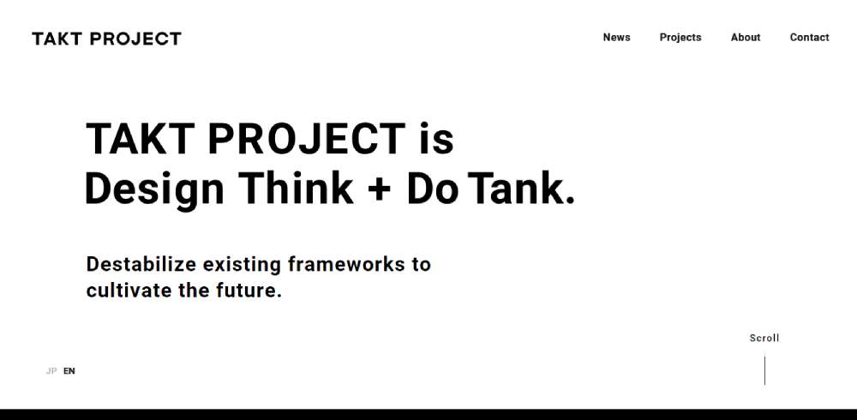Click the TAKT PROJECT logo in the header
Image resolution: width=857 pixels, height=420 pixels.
click(x=106, y=39)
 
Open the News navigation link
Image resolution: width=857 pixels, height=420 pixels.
click(x=616, y=37)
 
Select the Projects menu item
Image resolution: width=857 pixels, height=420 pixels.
click(x=680, y=38)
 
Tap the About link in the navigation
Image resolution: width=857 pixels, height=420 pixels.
click(x=746, y=37)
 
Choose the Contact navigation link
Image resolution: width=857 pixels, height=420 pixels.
click(x=810, y=37)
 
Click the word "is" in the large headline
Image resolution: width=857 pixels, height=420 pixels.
click(x=437, y=138)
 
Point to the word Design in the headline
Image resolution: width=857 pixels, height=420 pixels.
click(x=154, y=189)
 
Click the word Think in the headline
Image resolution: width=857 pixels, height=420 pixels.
click(x=296, y=188)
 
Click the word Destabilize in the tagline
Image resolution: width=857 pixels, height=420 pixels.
click(x=141, y=264)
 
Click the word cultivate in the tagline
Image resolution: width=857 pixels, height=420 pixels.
click(x=129, y=290)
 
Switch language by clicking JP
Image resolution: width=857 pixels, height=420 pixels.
click(x=51, y=371)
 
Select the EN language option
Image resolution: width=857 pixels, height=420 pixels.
click(x=69, y=371)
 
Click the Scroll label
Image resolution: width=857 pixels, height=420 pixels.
click(x=764, y=338)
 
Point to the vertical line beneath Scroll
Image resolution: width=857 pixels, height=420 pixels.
click(x=764, y=370)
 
